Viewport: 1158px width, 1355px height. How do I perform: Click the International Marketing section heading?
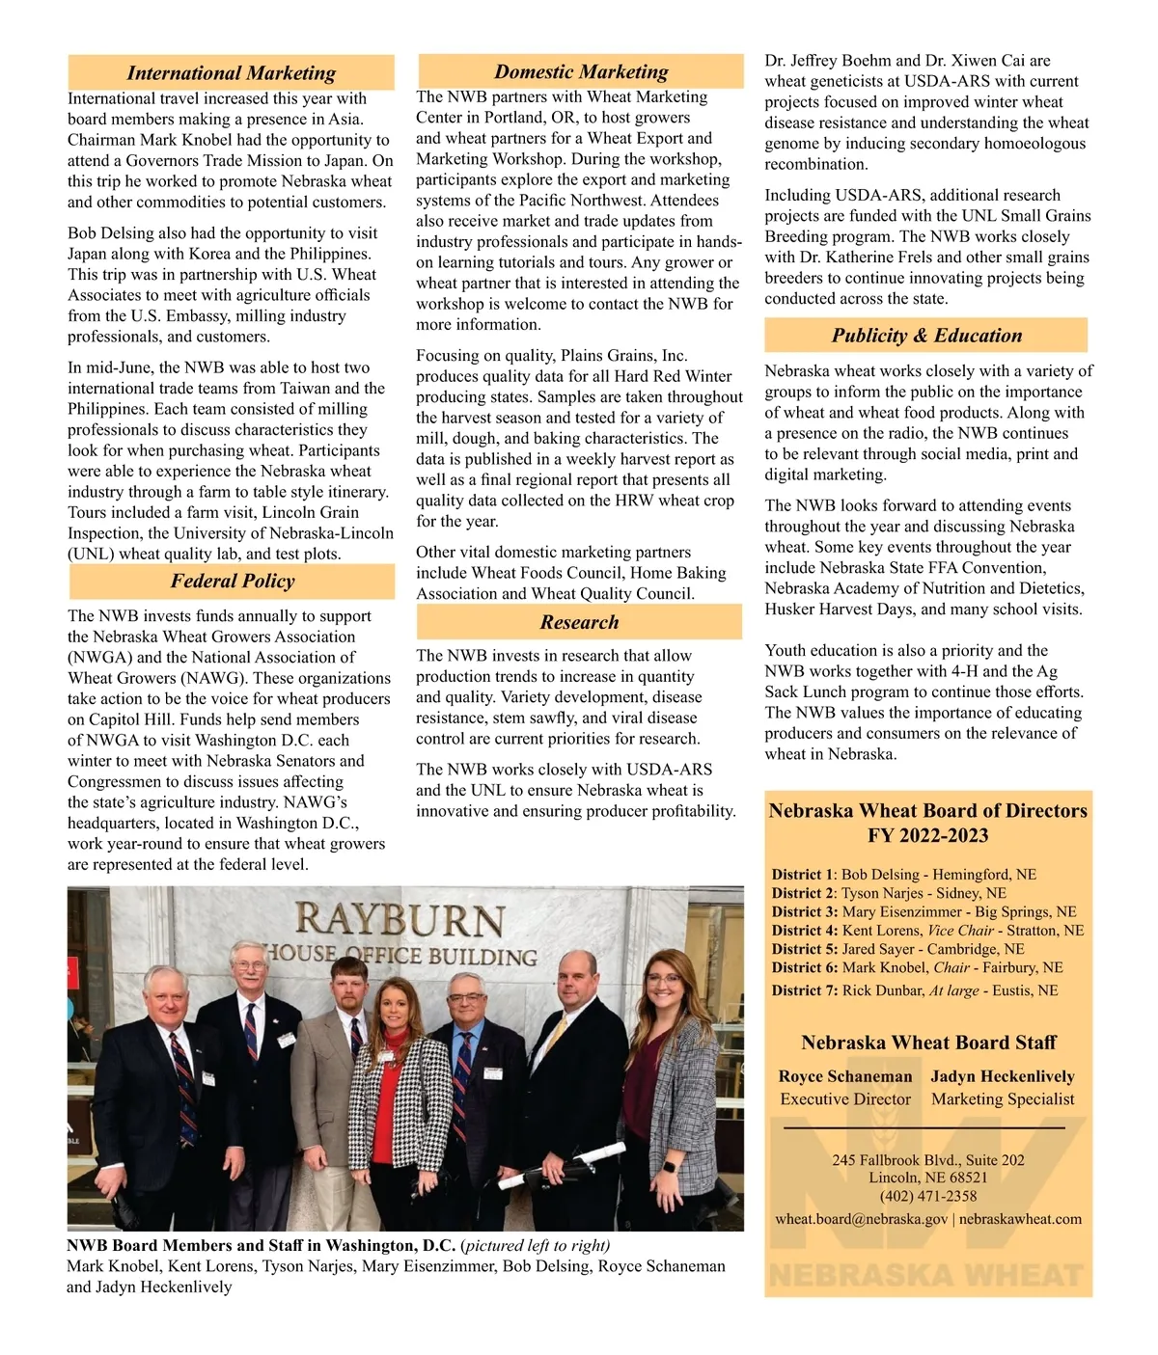tap(231, 73)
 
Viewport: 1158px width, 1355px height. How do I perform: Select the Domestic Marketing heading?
tap(581, 72)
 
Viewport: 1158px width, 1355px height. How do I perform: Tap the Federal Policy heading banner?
tap(232, 582)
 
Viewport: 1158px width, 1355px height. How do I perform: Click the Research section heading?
tap(579, 623)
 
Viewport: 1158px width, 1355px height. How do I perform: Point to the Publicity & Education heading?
tap(926, 336)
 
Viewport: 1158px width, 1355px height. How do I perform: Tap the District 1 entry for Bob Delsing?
tap(903, 875)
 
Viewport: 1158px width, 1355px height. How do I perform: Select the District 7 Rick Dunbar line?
tap(914, 990)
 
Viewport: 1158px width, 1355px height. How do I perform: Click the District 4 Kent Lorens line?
tap(927, 931)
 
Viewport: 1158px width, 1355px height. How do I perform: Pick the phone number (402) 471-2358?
tap(928, 1196)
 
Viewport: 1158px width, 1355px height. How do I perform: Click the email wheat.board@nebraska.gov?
tap(861, 1219)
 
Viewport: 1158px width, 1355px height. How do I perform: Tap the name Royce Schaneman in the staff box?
tap(845, 1076)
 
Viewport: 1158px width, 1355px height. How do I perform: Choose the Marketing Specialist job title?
tap(1003, 1099)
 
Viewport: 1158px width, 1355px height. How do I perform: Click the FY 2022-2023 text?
tap(928, 836)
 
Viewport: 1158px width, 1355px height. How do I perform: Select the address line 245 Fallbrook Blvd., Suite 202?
tap(928, 1160)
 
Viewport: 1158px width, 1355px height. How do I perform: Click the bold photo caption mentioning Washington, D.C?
tap(261, 1245)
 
